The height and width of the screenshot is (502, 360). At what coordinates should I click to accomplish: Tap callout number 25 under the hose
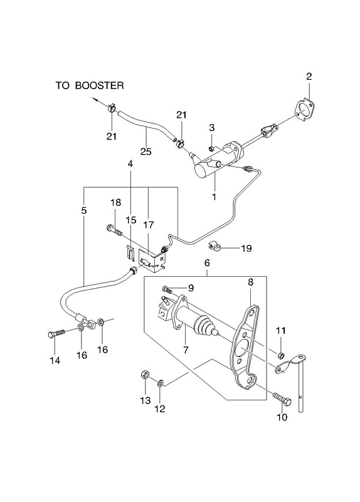pos(146,151)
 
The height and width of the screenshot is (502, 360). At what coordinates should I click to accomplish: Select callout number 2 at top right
pos(309,76)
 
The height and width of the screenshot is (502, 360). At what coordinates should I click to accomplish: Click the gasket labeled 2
pos(304,110)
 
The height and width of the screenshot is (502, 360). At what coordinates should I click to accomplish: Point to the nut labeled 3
pos(211,148)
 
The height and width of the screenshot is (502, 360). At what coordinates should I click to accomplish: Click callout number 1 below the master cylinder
pos(214,196)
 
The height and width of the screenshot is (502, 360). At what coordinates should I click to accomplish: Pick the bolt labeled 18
pos(114,229)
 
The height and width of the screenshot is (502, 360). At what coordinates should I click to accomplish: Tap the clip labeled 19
pos(213,246)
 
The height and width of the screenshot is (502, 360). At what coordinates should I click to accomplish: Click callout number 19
pos(246,248)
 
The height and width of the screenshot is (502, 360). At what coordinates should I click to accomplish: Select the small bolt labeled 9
pos(167,289)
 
